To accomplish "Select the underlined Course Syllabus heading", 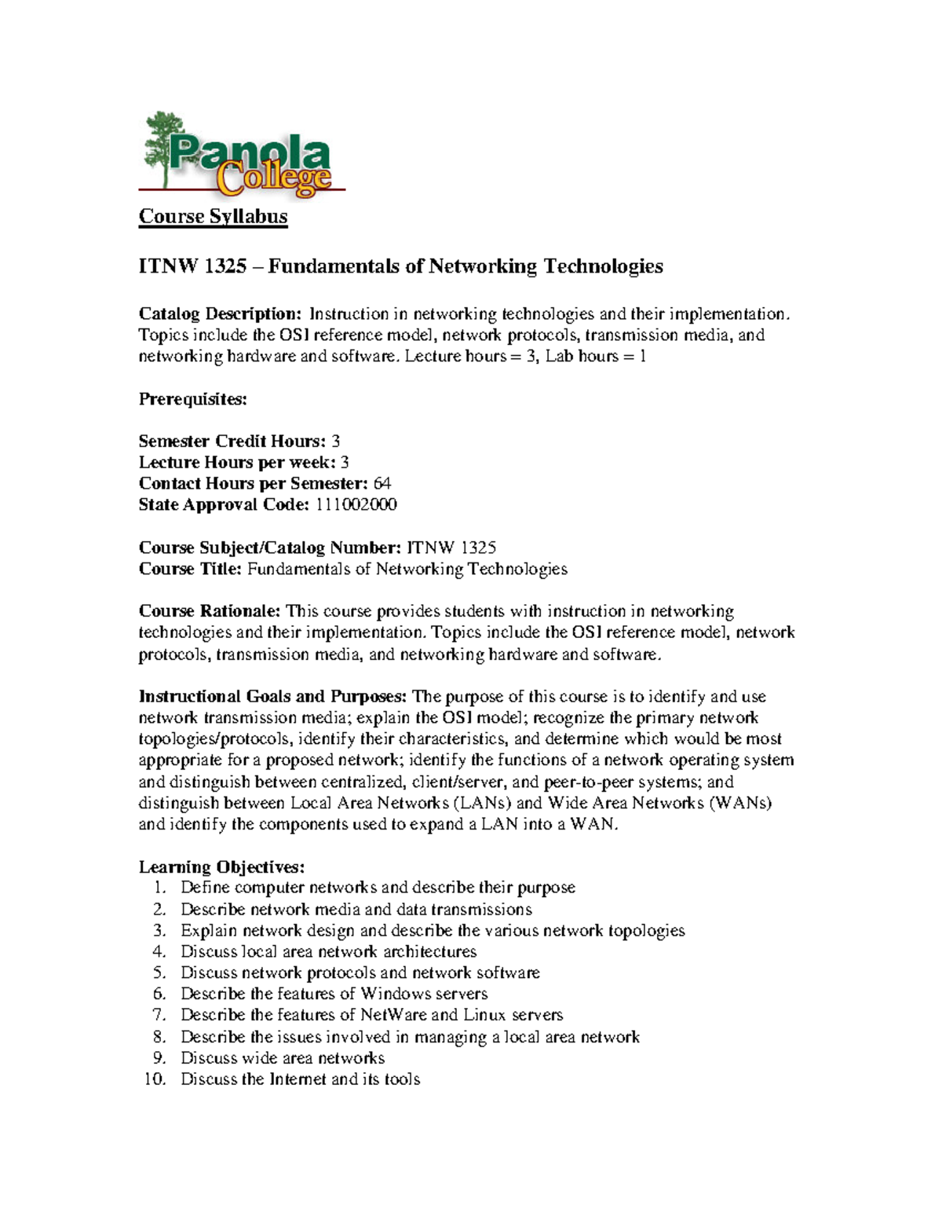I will [x=213, y=217].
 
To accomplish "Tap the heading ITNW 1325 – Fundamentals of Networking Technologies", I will [x=400, y=267].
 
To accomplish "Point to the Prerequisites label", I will [x=192, y=399].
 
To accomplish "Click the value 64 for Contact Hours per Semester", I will [x=382, y=484].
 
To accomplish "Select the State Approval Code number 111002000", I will [x=356, y=505].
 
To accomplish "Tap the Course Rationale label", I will [x=209, y=612].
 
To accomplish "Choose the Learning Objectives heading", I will [x=221, y=867].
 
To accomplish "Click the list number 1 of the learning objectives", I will [x=159, y=888].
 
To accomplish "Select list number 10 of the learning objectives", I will [x=155, y=1079].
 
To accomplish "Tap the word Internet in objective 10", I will [x=298, y=1079].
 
